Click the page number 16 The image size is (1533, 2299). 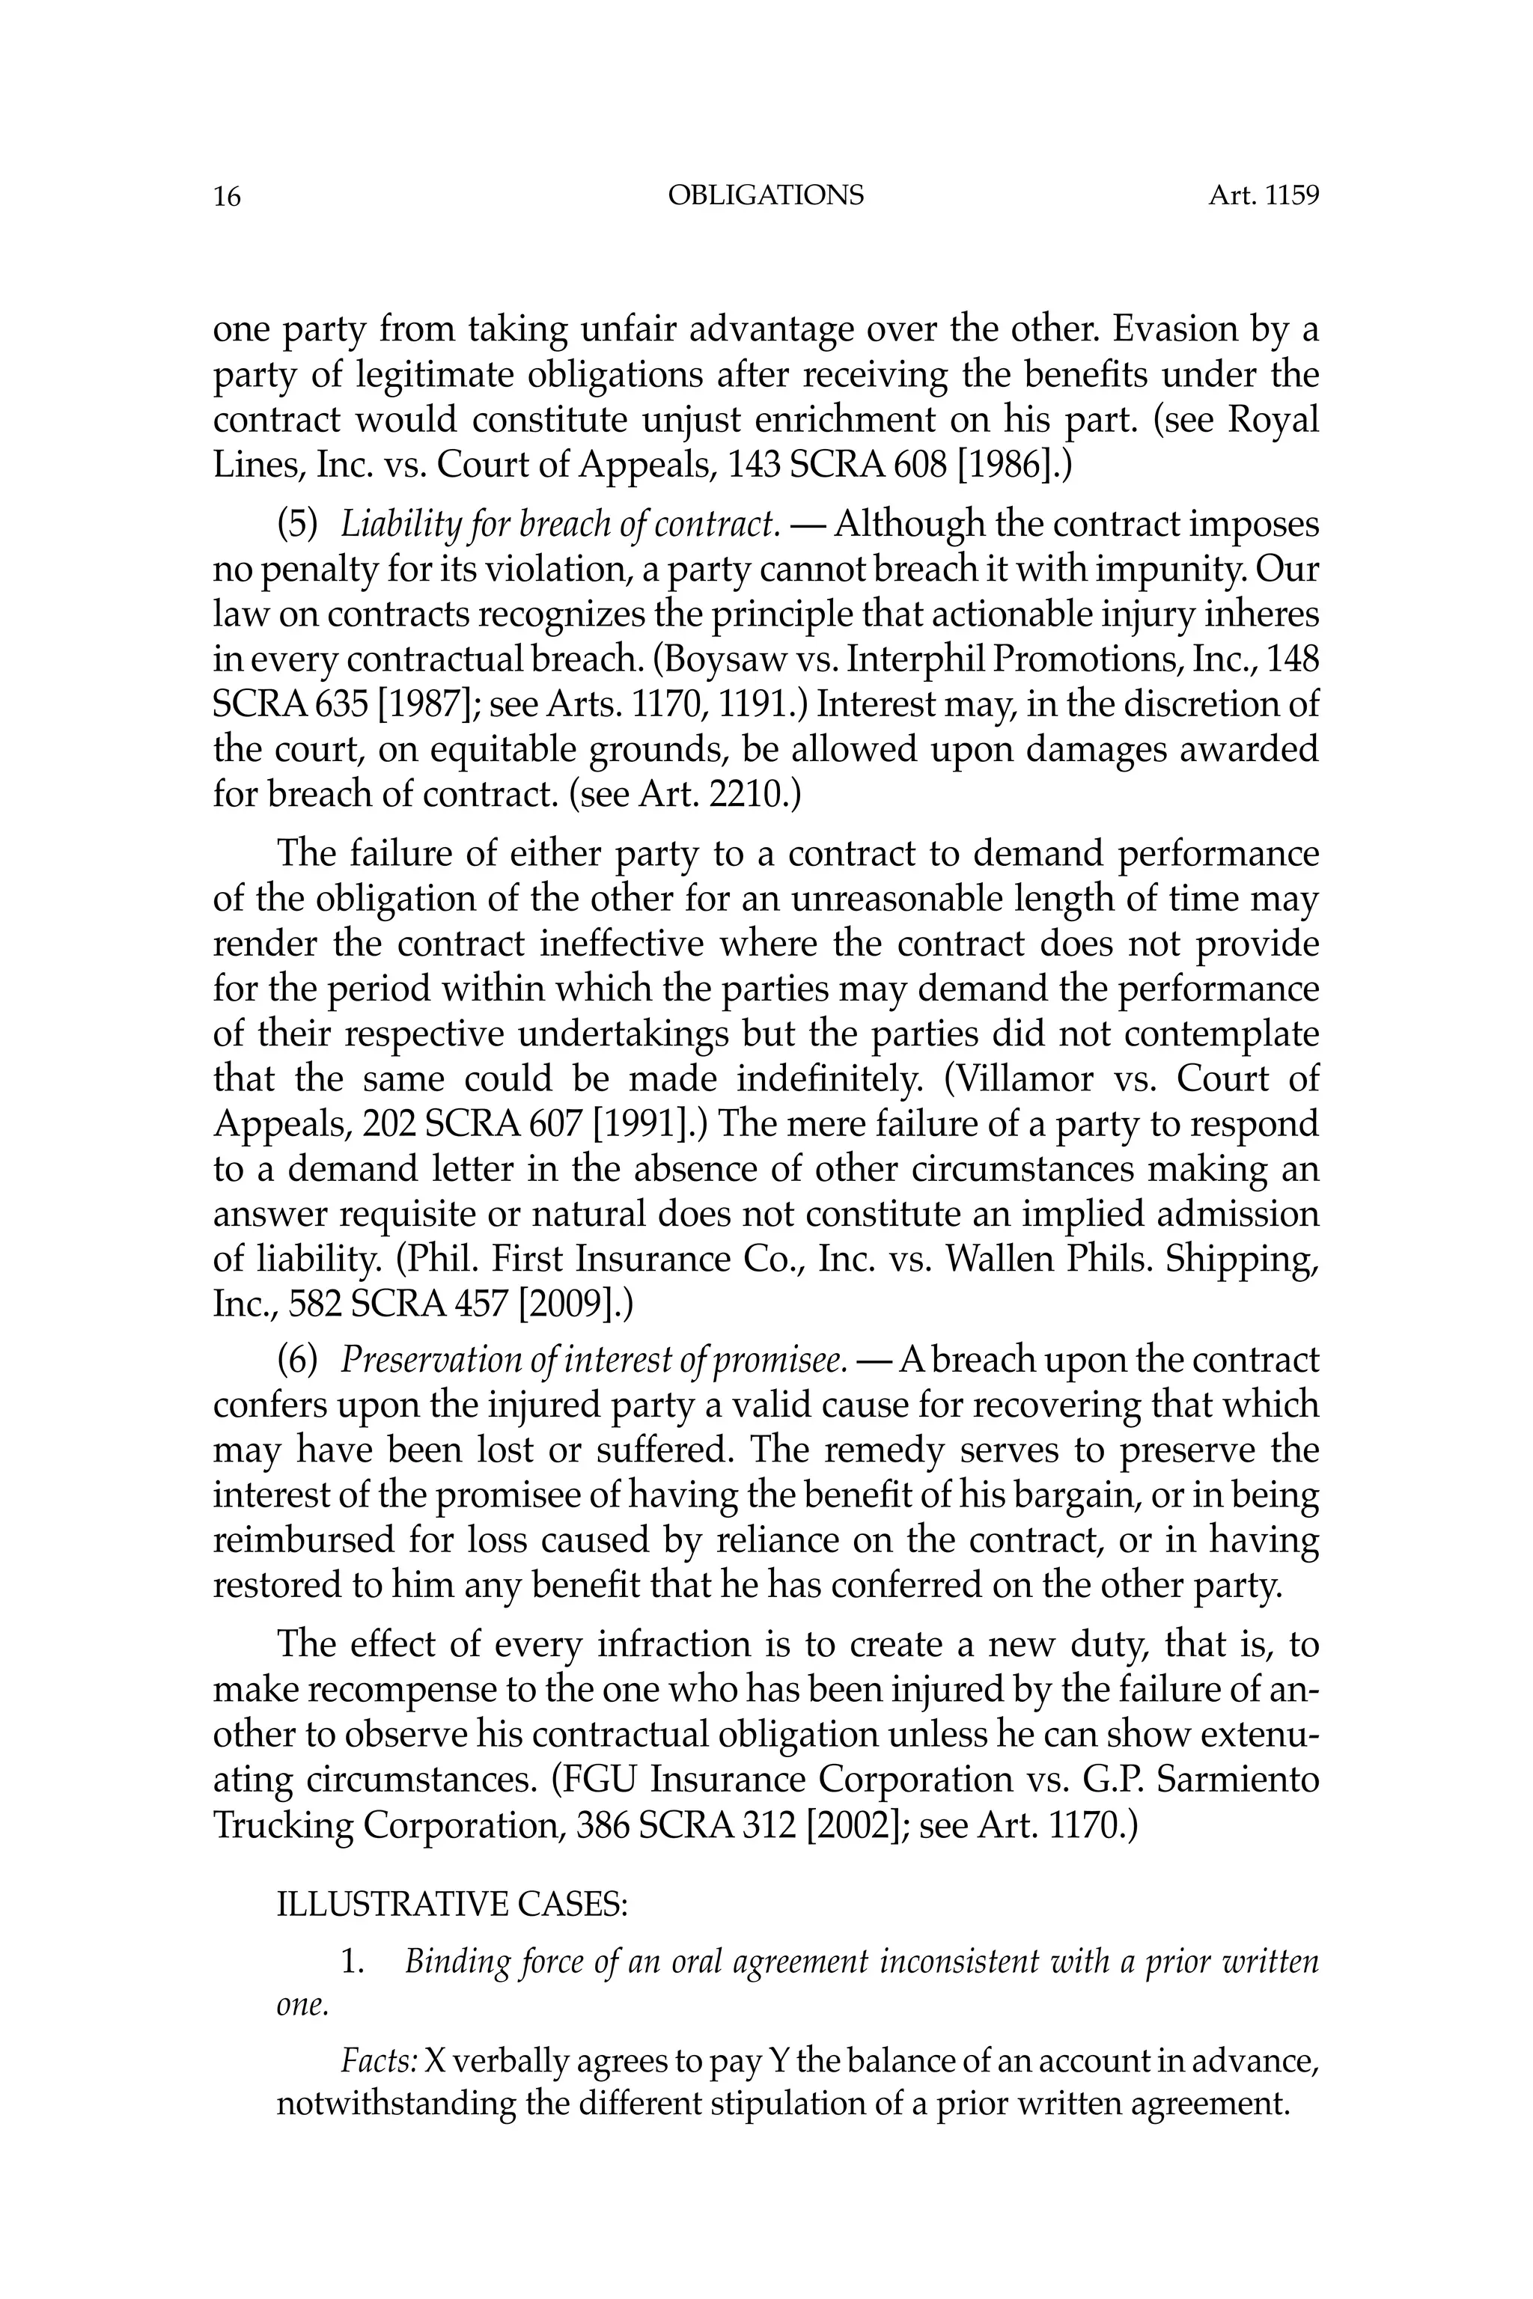click(x=226, y=198)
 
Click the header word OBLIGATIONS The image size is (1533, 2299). click(x=766, y=195)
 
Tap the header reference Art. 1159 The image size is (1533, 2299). click(x=1264, y=195)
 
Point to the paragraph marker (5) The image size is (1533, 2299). click(x=298, y=525)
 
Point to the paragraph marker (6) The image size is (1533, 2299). click(x=298, y=1360)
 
